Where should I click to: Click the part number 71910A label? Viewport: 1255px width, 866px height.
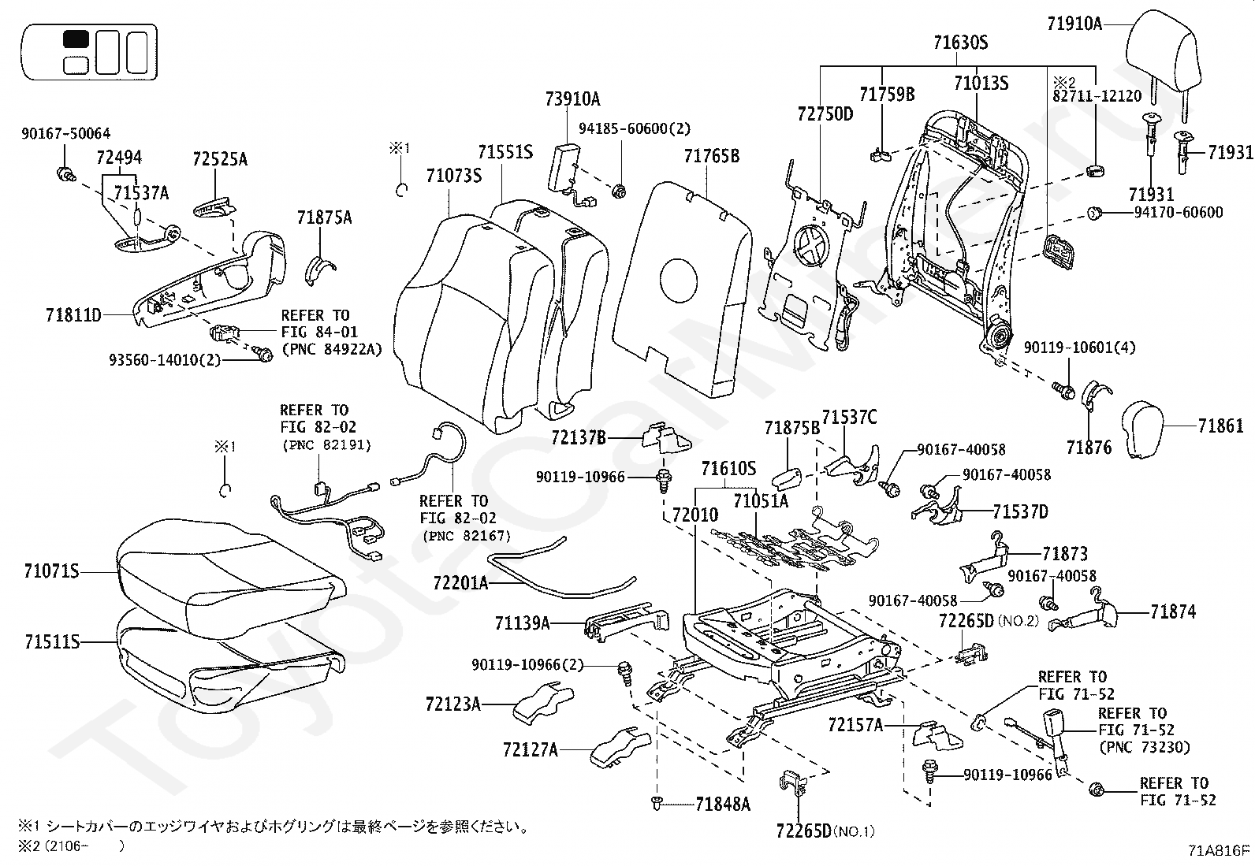click(1074, 24)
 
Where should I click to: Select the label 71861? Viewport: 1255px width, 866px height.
click(1220, 426)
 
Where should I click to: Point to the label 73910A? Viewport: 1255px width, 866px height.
click(572, 98)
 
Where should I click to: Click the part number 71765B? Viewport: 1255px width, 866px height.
click(711, 156)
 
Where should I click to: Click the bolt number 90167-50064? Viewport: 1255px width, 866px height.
click(65, 134)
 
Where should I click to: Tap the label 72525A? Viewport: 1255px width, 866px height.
click(220, 160)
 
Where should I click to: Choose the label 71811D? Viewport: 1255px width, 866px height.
click(74, 316)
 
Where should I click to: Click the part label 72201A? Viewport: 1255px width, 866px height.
click(460, 583)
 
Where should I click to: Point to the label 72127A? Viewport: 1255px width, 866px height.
click(530, 750)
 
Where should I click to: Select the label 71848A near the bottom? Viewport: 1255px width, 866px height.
click(723, 804)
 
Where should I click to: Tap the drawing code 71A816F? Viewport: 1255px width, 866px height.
click(1220, 850)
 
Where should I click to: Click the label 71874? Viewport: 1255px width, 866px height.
click(1172, 611)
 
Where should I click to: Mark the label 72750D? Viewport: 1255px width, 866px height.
click(825, 114)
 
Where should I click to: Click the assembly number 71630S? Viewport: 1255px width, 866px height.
click(960, 43)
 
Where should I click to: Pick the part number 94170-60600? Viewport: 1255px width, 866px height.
click(1179, 213)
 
